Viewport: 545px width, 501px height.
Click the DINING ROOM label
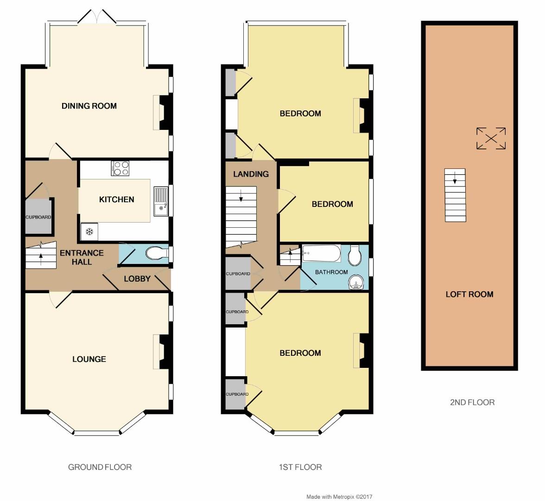(89, 106)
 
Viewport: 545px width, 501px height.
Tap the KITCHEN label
(116, 199)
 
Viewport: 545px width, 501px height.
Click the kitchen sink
(161, 201)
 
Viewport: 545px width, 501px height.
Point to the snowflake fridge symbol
(89, 231)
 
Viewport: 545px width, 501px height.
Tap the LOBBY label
(137, 279)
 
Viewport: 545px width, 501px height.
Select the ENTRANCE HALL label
(82, 257)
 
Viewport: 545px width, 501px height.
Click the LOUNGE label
(89, 359)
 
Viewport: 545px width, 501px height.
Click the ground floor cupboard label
(38, 217)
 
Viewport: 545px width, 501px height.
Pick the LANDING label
(251, 174)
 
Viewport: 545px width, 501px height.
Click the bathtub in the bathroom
(321, 254)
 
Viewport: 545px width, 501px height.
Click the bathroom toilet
(355, 255)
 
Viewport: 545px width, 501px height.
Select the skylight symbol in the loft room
(491, 138)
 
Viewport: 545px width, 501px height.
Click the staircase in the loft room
(455, 195)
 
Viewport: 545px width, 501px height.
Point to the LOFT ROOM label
(469, 294)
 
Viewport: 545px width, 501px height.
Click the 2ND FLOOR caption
(472, 402)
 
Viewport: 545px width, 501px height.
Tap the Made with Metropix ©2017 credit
(339, 497)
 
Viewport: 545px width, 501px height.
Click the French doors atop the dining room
(97, 17)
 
